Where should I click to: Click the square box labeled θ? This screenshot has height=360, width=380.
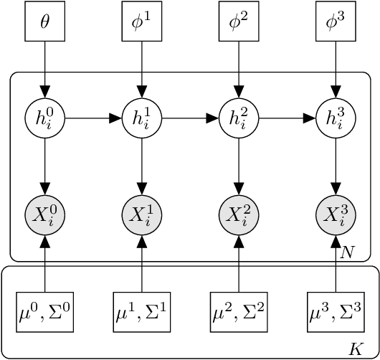point(45,22)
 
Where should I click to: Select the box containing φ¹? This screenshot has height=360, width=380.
point(142,22)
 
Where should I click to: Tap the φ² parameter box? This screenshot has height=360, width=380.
point(238,22)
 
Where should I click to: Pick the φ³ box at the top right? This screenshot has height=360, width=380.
point(335,22)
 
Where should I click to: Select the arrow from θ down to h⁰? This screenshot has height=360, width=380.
point(45,68)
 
